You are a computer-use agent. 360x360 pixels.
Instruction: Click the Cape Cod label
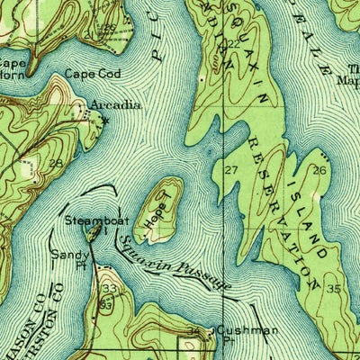coord(88,77)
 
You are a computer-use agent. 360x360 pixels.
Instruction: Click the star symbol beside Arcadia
coord(105,119)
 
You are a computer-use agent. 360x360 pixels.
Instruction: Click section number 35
coord(334,289)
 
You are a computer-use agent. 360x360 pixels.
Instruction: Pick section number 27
coord(231,170)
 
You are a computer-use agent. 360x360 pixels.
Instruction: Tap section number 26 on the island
coord(319,170)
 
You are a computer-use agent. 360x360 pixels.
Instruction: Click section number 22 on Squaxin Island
coord(234,43)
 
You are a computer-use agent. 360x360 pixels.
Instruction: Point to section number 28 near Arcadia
coord(56,163)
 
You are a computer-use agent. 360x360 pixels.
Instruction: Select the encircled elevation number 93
coord(107,304)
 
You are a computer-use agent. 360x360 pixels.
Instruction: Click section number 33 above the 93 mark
coord(109,289)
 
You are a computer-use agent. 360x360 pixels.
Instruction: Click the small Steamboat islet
coord(92,232)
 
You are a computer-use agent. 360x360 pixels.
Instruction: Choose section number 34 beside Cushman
coord(193,333)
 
